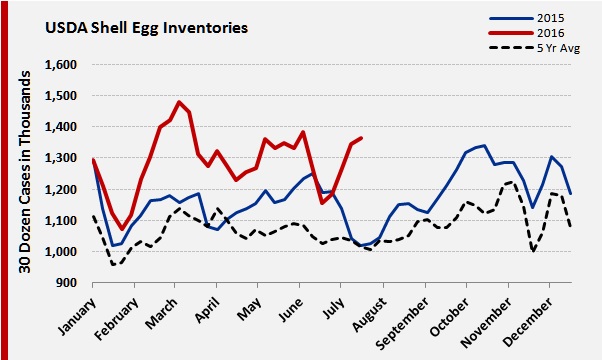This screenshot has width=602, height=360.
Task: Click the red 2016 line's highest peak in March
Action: (x=179, y=102)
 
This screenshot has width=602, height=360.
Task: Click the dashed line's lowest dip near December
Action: (x=534, y=251)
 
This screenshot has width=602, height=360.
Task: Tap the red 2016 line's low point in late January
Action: (x=122, y=229)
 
